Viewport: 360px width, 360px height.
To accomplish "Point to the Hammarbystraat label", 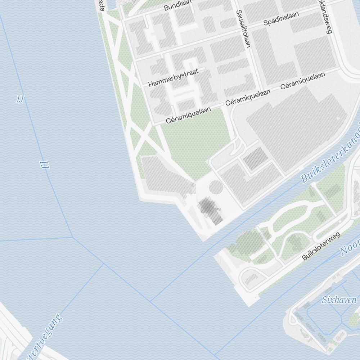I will point(173,78).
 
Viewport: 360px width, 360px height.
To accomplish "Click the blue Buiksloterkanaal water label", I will point(329,160).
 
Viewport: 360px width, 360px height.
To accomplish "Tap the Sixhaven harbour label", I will point(339,300).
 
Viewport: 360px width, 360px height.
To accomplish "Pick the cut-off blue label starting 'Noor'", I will point(350,247).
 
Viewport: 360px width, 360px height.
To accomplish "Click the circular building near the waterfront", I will point(216,187).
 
